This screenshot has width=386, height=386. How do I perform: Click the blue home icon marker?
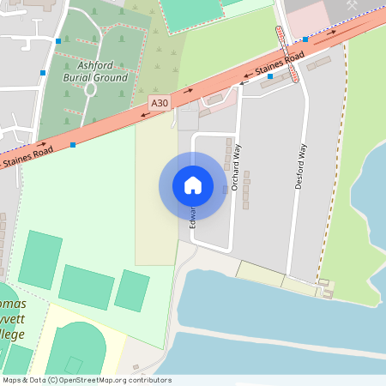click(x=193, y=184)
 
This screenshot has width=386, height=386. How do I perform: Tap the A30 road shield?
click(x=160, y=103)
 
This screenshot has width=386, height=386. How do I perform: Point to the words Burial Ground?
click(x=95, y=77)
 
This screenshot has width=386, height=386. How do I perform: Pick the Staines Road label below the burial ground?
click(x=27, y=155)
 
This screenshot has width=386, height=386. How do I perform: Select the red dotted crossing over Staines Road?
click(x=288, y=53)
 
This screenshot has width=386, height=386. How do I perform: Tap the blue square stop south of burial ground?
click(x=73, y=145)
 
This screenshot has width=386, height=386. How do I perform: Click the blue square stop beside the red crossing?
click(x=305, y=39)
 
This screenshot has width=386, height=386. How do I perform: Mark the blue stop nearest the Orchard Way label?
click(x=270, y=76)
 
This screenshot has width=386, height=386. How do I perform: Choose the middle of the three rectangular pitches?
click(x=86, y=286)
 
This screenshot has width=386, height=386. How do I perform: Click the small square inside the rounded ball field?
click(x=74, y=365)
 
